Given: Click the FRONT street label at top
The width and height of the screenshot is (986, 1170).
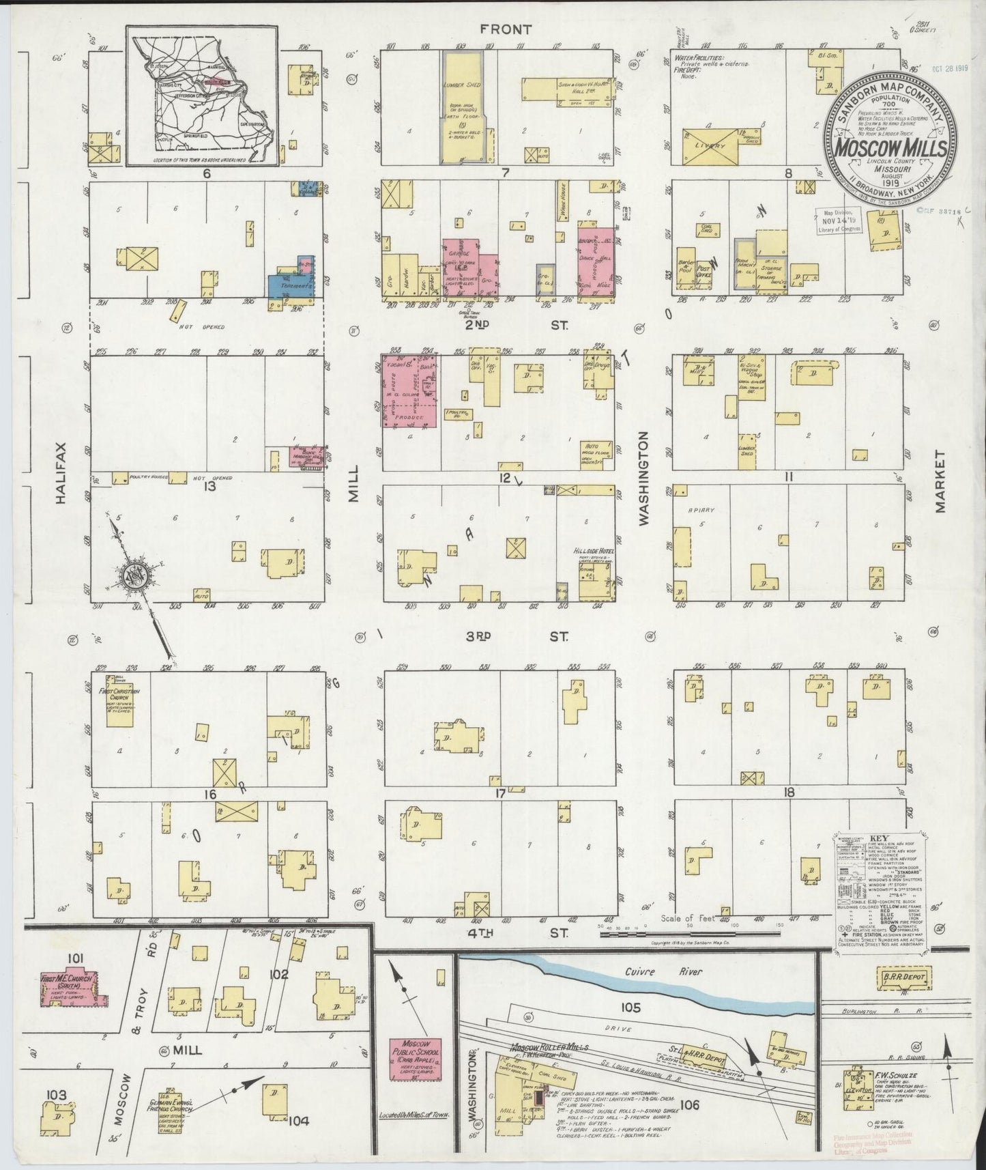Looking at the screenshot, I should coord(505,29).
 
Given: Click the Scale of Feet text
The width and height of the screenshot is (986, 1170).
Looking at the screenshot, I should coord(687,918).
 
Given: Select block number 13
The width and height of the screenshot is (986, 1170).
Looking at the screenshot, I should coord(209,486).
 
